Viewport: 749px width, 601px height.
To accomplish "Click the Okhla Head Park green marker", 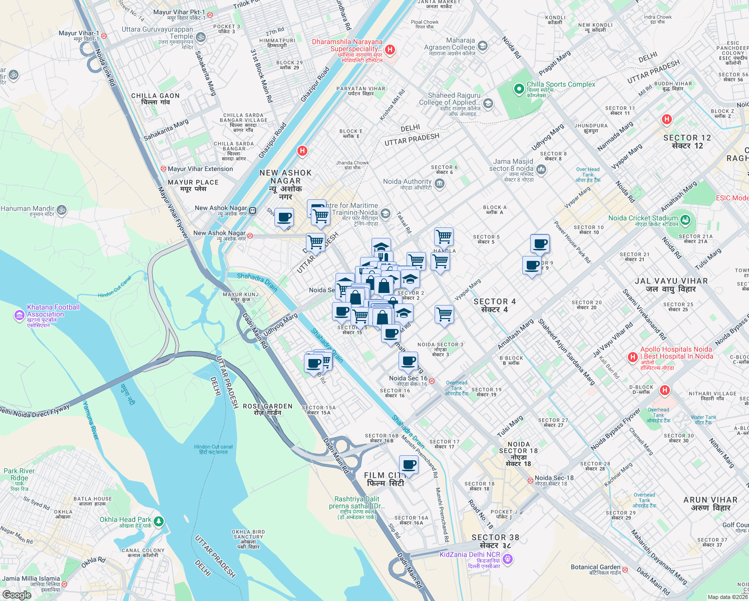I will pyautogui.click(x=159, y=522).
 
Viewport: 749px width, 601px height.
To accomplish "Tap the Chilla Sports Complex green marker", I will pyautogui.click(x=519, y=89).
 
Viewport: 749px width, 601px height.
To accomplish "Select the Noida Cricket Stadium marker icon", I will pyautogui.click(x=685, y=219).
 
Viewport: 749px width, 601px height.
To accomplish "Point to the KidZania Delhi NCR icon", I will pyautogui.click(x=508, y=558).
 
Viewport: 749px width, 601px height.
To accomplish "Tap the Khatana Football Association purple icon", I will pyautogui.click(x=20, y=315).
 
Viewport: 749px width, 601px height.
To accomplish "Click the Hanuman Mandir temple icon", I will pyautogui.click(x=62, y=209).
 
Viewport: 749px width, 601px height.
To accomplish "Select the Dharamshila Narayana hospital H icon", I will pyautogui.click(x=390, y=50).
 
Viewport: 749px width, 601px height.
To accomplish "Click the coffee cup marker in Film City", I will pyautogui.click(x=409, y=465).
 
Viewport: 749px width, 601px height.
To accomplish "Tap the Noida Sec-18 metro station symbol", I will pyautogui.click(x=530, y=480).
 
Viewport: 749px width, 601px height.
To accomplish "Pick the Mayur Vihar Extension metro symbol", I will pyautogui.click(x=163, y=169).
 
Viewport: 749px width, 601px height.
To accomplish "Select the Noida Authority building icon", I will pyautogui.click(x=440, y=184).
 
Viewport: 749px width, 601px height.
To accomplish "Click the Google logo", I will pyautogui.click(x=17, y=595).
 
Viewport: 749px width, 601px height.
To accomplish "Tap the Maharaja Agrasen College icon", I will pyautogui.click(x=483, y=47).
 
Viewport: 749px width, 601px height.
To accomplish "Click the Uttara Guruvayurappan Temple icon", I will pyautogui.click(x=200, y=37).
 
